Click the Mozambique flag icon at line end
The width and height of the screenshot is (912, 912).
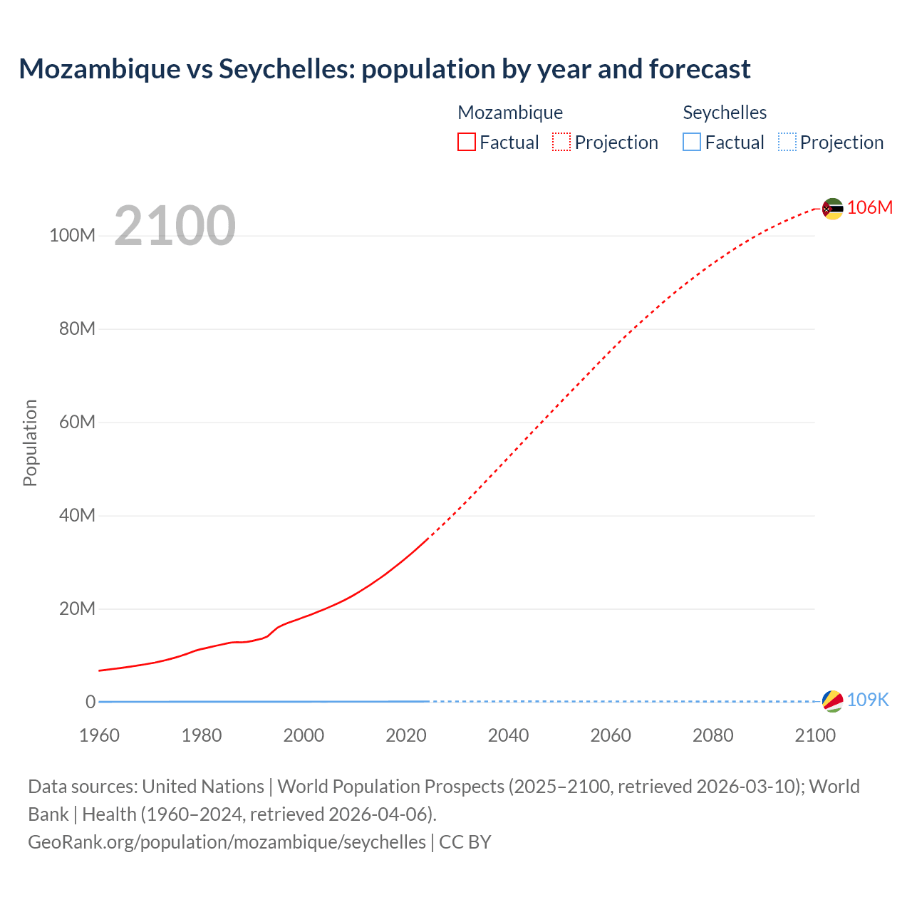coord(832,209)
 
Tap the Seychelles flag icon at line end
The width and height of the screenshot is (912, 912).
coord(832,701)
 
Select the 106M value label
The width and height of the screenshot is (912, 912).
coord(870,207)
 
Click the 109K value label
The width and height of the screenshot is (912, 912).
coord(868,700)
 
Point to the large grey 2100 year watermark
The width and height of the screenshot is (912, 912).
coord(175,226)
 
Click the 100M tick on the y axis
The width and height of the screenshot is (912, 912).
coord(72,236)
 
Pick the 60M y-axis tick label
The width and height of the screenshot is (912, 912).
coord(77,422)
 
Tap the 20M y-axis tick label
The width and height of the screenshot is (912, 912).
coord(77,608)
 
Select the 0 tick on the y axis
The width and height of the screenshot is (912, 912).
coord(90,702)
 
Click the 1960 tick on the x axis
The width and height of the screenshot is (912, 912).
coord(99,735)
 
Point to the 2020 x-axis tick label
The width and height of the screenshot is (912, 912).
coord(406,735)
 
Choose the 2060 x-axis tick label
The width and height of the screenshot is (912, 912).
coord(611,735)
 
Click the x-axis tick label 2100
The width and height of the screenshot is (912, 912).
coord(815,735)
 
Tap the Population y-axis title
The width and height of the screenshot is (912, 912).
coord(30,442)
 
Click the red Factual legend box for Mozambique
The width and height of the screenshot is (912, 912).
coord(467,142)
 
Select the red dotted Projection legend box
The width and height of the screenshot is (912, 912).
coord(561,142)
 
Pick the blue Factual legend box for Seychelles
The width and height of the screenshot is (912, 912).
coord(692,142)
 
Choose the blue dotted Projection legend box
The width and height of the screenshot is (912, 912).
coord(787,142)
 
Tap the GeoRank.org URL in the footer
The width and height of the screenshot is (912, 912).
coord(227,841)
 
